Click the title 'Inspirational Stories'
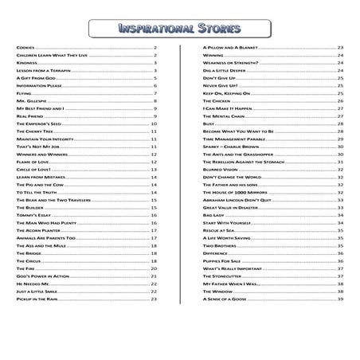[180, 29]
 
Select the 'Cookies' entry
[25, 49]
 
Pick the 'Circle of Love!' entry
[33, 170]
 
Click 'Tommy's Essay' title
[33, 215]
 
